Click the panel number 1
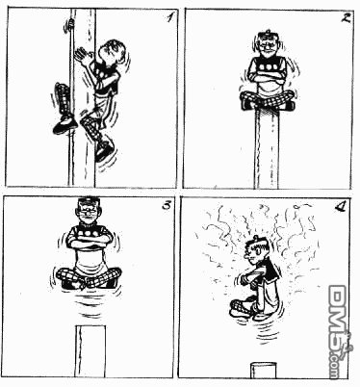click(169, 17)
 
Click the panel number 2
click(346, 18)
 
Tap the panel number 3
click(167, 205)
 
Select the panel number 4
click(340, 208)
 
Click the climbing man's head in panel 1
click(112, 51)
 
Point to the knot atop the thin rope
click(71, 24)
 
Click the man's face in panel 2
click(269, 46)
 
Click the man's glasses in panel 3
click(89, 211)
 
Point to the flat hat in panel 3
click(89, 202)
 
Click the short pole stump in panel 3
click(90, 351)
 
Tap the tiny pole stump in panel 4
click(263, 371)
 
